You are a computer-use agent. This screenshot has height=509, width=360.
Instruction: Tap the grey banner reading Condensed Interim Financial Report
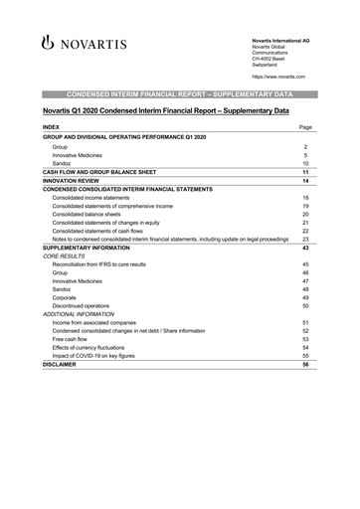click(x=179, y=92)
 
